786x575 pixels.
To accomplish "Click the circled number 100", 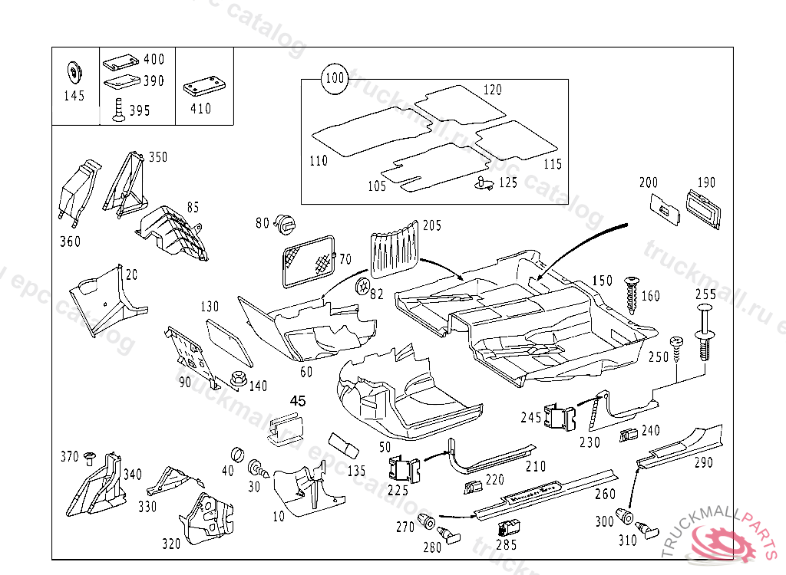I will pos(335,78).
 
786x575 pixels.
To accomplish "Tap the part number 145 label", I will pos(74,97).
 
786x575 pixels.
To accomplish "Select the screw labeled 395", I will pos(118,110).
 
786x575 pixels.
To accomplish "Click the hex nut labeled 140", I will pos(236,379).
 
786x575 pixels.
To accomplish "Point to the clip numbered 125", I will pos(482,182).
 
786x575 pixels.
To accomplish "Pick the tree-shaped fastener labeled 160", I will pos(632,295).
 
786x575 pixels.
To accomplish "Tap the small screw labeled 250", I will pos(677,348).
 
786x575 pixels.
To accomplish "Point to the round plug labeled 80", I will pos(287,225).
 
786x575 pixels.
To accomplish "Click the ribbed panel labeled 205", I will pos(396,247).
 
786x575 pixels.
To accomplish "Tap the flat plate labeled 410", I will pos(203,86).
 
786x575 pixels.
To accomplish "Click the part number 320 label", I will pos(171,544).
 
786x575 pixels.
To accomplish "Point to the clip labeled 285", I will pos(507,527).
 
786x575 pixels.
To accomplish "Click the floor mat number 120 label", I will pos(493,90).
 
